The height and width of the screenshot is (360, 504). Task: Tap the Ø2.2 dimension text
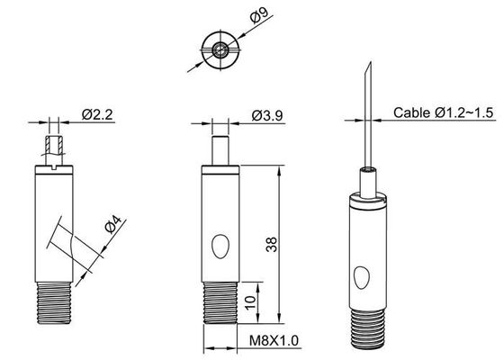[96, 114]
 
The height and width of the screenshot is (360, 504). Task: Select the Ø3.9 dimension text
[267, 114]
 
